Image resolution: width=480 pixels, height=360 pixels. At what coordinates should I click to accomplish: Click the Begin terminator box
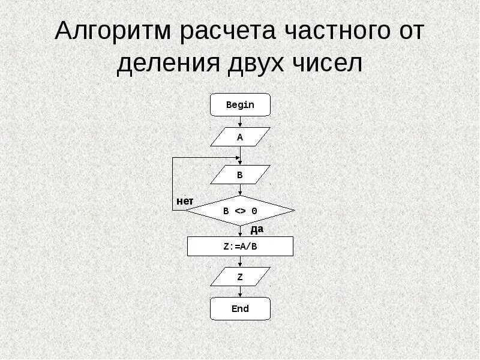click(x=240, y=104)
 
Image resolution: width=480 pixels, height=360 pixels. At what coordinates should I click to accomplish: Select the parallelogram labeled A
click(x=240, y=137)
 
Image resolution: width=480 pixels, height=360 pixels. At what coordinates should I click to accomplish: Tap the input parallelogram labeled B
click(x=240, y=175)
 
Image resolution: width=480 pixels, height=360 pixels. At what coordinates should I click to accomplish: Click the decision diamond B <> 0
click(x=240, y=211)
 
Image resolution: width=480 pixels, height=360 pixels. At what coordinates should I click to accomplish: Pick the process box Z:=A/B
click(x=240, y=247)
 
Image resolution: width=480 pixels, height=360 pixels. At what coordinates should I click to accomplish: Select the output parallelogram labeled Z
click(x=240, y=277)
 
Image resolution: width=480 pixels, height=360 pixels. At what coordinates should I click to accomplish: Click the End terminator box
click(x=240, y=309)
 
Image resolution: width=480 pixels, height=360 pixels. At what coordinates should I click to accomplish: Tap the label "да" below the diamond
click(x=257, y=229)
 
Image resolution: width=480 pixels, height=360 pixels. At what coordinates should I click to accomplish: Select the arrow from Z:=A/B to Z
click(x=240, y=262)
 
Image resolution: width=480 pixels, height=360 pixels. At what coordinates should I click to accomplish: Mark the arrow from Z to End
click(x=240, y=292)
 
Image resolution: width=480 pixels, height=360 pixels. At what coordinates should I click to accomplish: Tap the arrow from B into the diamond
click(x=240, y=190)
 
